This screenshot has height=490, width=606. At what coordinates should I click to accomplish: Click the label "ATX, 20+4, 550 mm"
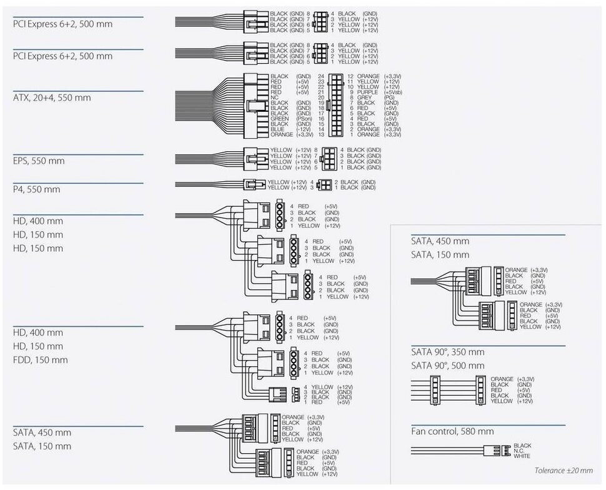tap(52, 97)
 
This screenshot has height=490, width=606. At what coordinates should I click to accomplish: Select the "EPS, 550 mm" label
tap(39, 161)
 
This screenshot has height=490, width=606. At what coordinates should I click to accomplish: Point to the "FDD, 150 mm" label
tap(40, 359)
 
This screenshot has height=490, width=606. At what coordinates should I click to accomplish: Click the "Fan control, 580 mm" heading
tap(452, 431)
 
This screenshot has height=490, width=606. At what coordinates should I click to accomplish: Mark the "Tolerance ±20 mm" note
tap(563, 471)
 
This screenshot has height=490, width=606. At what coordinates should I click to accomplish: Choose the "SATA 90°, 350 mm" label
tap(447, 352)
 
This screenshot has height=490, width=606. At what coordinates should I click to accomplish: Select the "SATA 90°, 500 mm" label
tap(447, 365)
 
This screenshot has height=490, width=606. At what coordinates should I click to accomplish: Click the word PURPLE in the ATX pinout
tap(367, 92)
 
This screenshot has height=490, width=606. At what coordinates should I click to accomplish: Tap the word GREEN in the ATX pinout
tap(280, 118)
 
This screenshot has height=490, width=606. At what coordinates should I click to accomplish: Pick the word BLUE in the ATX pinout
tap(277, 129)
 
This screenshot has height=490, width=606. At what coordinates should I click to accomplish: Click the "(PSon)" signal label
tap(304, 118)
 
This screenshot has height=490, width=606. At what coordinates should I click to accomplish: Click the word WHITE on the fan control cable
tap(522, 456)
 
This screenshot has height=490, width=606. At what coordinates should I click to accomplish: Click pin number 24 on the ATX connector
tap(321, 76)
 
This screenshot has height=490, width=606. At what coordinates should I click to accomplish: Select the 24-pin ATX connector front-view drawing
tap(335, 105)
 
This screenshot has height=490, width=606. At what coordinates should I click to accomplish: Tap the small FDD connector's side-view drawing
tap(275, 395)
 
